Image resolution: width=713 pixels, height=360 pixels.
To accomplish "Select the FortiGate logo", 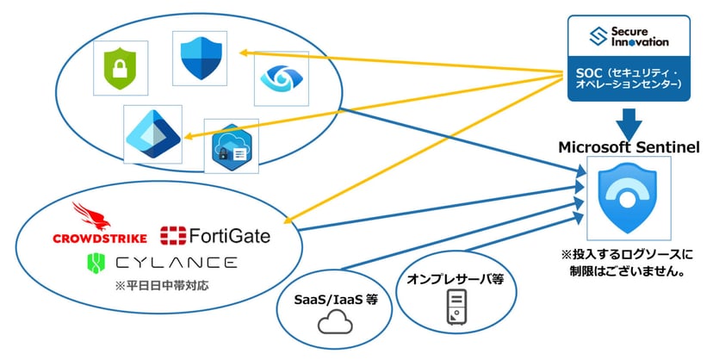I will pyautogui.click(x=214, y=235).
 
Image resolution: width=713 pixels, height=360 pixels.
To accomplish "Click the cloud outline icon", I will pyautogui.click(x=332, y=325).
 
